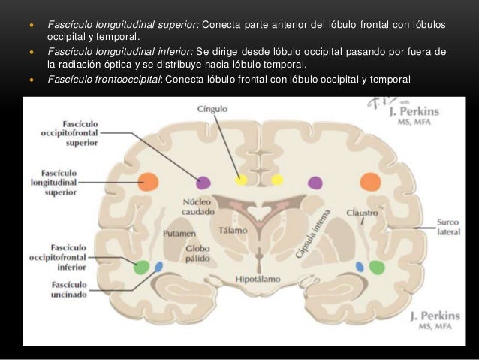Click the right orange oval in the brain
tap(369, 181)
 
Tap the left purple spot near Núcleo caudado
tap(203, 182)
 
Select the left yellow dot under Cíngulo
tap(241, 180)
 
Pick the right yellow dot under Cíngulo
tap(277, 180)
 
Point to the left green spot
tap(140, 267)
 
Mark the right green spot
tap(377, 266)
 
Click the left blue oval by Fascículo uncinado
tap(158, 267)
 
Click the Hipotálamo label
tap(258, 279)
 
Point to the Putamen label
tap(179, 234)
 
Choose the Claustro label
tap(363, 213)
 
